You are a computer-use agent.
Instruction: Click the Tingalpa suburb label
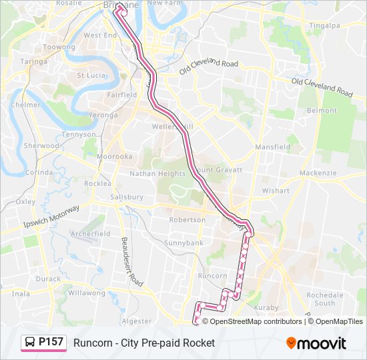point(325,26)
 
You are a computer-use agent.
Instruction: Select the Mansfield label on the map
point(272,147)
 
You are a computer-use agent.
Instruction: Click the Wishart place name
point(276,190)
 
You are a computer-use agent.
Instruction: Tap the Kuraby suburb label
point(267,307)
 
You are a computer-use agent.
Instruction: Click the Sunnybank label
point(183,243)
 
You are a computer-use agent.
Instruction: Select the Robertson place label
point(187,219)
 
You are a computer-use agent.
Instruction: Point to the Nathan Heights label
point(157,173)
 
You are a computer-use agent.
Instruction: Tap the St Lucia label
point(91,75)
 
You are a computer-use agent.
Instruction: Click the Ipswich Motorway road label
point(51,217)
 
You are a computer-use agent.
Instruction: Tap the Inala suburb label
point(21,293)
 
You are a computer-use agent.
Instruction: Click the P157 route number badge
point(45,343)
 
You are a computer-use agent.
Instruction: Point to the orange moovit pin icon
point(291,343)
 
